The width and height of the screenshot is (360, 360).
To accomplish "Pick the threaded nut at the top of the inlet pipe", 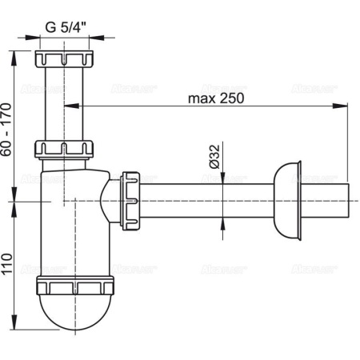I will (x=64, y=60).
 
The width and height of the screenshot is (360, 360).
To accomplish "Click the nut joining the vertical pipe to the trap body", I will (x=64, y=148).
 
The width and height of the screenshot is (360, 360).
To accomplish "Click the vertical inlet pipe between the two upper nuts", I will (x=64, y=104).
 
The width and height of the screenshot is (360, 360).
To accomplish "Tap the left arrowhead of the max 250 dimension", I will (x=67, y=106).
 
